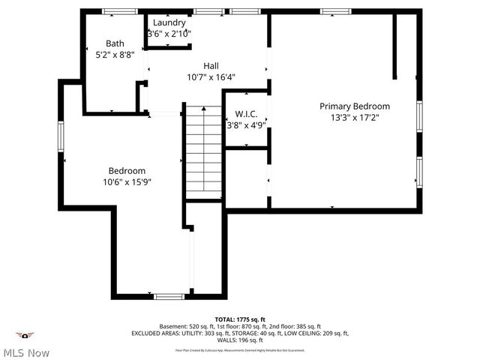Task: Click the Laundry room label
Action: tap(169, 23)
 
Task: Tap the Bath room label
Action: tap(115, 43)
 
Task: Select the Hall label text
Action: tap(211, 66)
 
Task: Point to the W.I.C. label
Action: tap(246, 114)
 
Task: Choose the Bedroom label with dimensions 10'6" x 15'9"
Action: tap(127, 171)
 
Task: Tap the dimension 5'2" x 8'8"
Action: tap(115, 55)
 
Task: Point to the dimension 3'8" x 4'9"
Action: tap(246, 125)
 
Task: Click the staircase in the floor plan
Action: tap(202, 151)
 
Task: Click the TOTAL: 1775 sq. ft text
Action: tap(240, 319)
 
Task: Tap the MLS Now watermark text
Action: tap(25, 352)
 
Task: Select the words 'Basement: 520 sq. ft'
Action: tap(187, 326)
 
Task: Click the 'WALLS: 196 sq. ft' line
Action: tap(240, 340)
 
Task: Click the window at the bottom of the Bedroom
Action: tap(169, 296)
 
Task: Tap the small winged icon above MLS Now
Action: tap(26, 335)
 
